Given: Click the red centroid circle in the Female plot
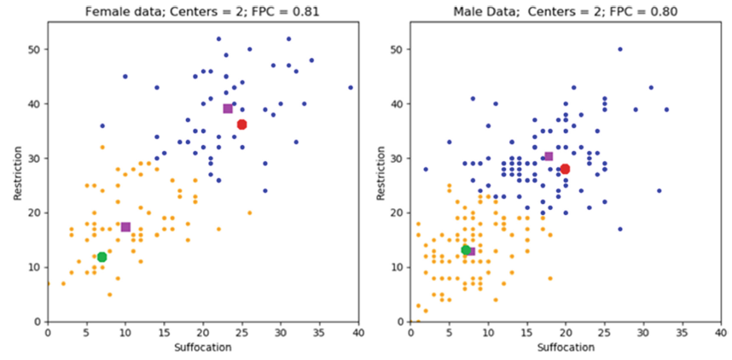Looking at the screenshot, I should coord(241,125).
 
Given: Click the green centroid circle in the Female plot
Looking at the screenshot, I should coord(102,257).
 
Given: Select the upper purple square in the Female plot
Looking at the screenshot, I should coord(228,108).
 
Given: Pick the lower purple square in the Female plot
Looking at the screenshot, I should coord(125,227).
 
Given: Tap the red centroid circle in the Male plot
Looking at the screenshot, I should coord(565,169).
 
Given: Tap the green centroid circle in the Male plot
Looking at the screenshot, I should coord(466,250).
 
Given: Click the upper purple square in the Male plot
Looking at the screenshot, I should coord(549,156).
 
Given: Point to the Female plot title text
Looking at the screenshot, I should coord(203,9).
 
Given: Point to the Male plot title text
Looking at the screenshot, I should coord(566,9).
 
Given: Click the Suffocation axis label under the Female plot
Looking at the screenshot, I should coord(203,348).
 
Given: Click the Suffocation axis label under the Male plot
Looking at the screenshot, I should coord(566,348).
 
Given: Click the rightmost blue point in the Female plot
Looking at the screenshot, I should coord(351,87).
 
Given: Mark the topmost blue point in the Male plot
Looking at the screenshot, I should coord(620,49).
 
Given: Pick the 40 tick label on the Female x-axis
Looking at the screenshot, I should coord(358,333).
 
